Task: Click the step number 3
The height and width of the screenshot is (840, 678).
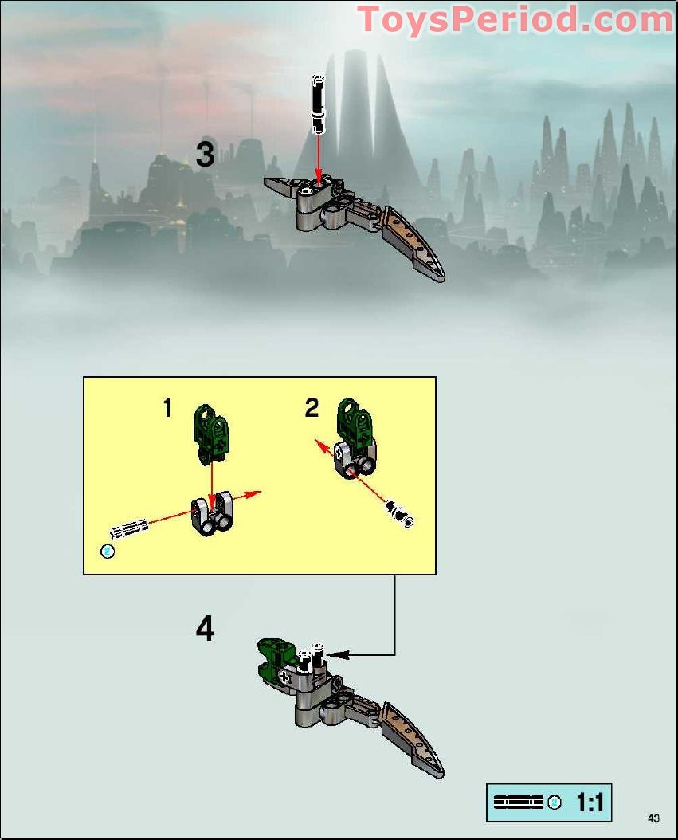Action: pos(205,154)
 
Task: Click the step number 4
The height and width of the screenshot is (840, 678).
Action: pos(205,630)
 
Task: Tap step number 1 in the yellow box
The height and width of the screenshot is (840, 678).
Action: pos(167,408)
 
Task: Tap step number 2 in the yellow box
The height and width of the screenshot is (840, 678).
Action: pos(312,408)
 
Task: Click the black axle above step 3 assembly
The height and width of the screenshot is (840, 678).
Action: pos(318,104)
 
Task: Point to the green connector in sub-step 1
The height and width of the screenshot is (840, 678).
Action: pos(212,433)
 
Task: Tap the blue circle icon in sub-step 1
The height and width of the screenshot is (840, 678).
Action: pos(108,551)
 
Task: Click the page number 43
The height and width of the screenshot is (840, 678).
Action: pos(654,818)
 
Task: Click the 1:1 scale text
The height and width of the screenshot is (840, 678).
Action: pos(590,803)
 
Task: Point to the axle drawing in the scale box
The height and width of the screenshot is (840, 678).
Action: pos(519,803)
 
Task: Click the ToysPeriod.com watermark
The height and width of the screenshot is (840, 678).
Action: pos(515,19)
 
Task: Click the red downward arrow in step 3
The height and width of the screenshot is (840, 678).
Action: pos(318,163)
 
